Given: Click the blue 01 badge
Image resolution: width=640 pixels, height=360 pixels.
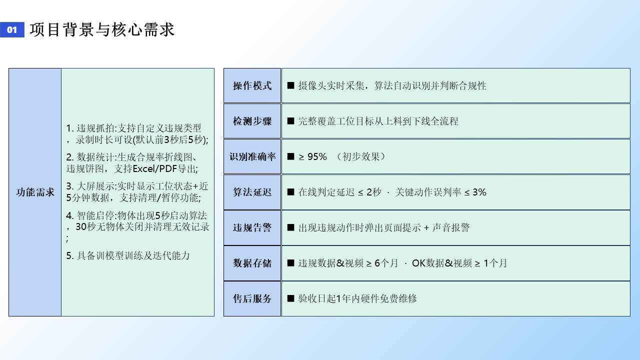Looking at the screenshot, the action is pos(12,29).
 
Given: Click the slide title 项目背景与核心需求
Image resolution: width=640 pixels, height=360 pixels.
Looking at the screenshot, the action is pos(102,29).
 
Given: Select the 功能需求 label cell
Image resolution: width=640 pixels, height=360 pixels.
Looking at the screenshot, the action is pos(35,192).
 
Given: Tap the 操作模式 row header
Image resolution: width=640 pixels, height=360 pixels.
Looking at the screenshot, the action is pos(252,85).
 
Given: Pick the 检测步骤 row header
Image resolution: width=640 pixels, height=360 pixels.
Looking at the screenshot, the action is pos(252,121).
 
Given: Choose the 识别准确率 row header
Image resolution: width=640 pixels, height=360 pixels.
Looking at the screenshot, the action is pos(252,156).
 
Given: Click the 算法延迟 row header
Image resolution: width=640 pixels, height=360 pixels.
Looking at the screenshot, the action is pos(252,192).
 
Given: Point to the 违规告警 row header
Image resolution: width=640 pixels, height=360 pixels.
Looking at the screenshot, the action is pos(252,227).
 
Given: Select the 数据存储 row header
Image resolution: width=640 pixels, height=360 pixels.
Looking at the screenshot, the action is pos(252,263).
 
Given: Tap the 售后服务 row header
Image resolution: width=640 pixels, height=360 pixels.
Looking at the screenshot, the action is pos(252,298).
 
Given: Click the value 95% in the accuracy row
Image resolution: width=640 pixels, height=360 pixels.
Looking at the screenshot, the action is pos(317,156).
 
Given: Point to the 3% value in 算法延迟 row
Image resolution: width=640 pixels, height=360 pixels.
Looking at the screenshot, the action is pos(479,192).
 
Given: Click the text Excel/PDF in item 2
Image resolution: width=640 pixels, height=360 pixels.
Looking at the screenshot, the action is pos(155,169).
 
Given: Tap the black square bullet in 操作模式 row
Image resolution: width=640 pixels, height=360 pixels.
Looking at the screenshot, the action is pos(290,85).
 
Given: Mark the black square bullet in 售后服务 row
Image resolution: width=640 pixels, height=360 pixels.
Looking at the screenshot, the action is pos(290,298).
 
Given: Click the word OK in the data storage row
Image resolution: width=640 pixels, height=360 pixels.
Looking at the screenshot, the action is pos(419,263).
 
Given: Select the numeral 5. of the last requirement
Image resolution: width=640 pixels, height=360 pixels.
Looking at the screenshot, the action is pos(70,255).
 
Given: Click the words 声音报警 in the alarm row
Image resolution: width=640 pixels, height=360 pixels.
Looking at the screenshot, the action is pos(451,227).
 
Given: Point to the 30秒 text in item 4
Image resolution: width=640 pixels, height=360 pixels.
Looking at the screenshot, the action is pos(85,227).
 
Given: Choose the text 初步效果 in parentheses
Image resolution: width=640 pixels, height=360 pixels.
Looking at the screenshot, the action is pos(360,156).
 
